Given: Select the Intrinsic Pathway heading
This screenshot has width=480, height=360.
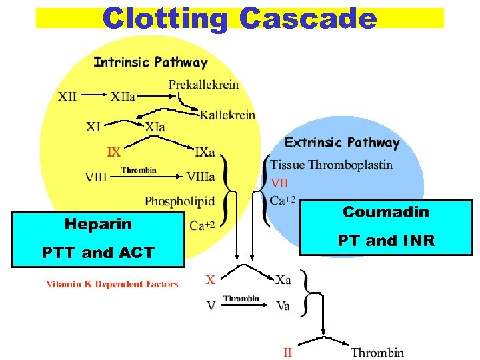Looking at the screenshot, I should point(150,63).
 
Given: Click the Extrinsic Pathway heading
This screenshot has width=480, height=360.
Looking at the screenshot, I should point(342,142).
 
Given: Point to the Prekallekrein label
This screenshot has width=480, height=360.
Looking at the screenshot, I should point(203,85).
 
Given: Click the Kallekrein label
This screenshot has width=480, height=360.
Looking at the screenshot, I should point(227,115).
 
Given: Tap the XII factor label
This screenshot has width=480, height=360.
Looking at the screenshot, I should point(67,96).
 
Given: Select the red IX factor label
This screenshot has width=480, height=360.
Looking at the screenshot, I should point(114,152).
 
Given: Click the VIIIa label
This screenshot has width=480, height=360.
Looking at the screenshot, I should point(200,177).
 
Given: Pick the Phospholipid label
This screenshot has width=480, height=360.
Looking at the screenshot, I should point(179,201).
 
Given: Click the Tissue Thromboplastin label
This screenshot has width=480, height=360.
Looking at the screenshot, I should point(331,165).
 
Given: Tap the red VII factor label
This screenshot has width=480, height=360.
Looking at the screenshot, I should point(279,181).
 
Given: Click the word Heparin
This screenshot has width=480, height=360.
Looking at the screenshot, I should point(98,224).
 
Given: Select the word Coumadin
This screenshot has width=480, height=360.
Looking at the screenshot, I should point(386,212).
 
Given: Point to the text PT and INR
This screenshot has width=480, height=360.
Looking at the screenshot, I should point(386,240).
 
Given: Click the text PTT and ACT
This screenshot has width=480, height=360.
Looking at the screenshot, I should point(98,252).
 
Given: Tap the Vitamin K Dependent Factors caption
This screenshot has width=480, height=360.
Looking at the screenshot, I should point(112,284).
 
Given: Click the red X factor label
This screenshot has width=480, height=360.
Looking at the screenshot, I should point(210,280).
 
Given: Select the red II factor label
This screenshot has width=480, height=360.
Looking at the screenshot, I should point(287,352).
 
